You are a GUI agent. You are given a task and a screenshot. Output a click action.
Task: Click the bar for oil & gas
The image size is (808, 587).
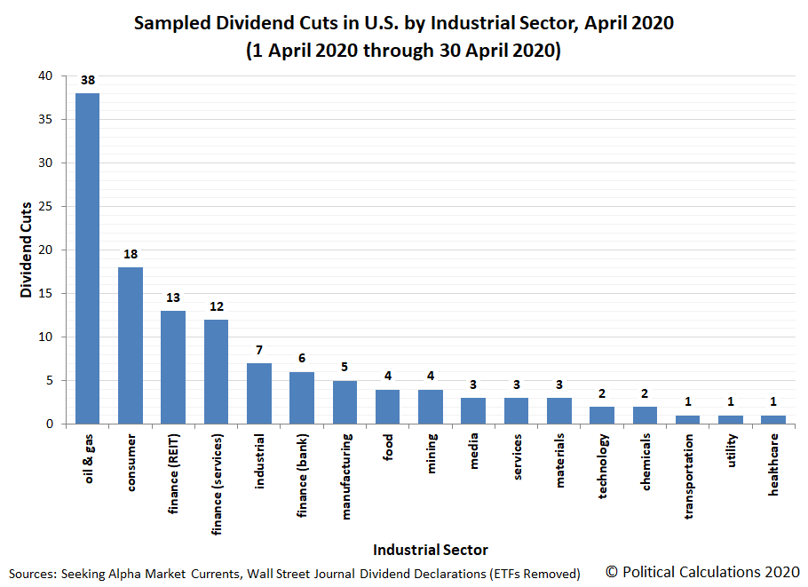click(88, 258)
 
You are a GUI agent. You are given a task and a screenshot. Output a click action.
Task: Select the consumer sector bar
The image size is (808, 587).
click(131, 345)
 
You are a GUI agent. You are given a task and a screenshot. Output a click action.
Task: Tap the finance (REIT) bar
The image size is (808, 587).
click(173, 367)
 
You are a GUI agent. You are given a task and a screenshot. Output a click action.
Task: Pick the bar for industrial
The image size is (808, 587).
click(259, 393)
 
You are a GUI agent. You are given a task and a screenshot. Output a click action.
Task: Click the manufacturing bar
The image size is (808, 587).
click(345, 402)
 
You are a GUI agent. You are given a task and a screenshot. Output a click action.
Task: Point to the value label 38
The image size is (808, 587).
click(88, 80)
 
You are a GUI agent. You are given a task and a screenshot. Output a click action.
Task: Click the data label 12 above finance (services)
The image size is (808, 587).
click(217, 306)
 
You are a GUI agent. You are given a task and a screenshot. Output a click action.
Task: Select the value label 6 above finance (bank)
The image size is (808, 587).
click(302, 359)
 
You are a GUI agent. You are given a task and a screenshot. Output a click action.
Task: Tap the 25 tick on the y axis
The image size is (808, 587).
click(55, 207)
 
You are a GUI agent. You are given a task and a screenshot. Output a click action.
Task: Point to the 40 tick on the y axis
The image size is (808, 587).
click(55, 76)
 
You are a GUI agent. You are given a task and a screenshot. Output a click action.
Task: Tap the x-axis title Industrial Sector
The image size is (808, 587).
click(430, 550)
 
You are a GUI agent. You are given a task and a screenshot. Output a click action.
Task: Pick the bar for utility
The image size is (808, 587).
click(731, 420)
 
